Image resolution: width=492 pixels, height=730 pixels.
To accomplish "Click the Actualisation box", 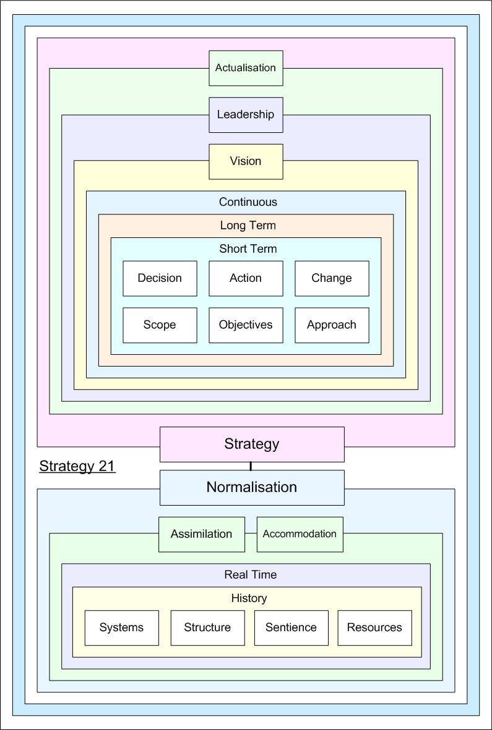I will pos(246,68).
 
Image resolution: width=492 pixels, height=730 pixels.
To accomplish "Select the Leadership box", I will pos(246,115).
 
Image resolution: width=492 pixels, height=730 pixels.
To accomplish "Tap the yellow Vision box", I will pos(246,161).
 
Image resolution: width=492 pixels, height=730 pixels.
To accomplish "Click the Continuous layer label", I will pos(248,202).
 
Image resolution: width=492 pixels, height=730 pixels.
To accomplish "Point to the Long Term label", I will pos(248,226).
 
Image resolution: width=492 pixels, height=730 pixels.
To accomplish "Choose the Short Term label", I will pos(248,249).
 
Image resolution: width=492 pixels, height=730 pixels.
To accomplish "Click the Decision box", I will pos(160,278).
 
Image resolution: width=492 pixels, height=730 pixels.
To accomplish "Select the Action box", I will pos(246,278).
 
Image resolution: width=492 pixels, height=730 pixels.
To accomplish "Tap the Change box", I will pos(332,278).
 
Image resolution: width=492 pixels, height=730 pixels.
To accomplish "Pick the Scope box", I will pos(160,325).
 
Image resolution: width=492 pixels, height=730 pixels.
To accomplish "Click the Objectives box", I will pos(246,325).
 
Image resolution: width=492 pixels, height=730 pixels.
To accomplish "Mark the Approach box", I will pos(332,325).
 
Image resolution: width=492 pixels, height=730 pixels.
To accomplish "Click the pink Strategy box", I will pos(252,444).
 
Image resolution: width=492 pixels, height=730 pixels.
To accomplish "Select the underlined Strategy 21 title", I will pos(77,466).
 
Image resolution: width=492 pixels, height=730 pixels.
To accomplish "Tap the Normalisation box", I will pos(252,488).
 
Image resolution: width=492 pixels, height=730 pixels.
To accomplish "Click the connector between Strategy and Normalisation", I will pos(251,466).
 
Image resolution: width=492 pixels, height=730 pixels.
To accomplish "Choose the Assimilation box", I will pos(202,534).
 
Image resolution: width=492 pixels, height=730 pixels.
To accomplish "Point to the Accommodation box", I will pos(300,534).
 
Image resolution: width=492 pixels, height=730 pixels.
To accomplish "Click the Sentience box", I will pos(291,627).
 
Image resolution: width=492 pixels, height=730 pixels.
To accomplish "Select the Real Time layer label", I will pos(250,575).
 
